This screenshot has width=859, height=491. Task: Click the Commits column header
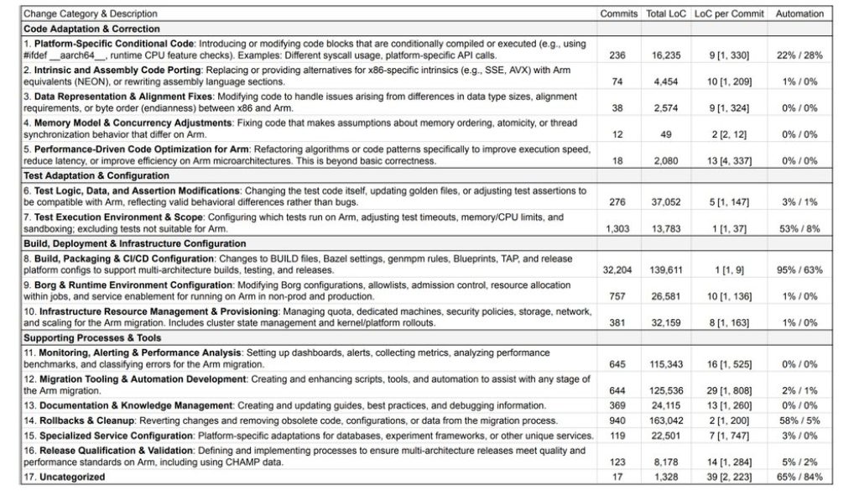click(619, 14)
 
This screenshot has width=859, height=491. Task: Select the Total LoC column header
click(667, 14)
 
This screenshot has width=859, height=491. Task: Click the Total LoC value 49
click(668, 134)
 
